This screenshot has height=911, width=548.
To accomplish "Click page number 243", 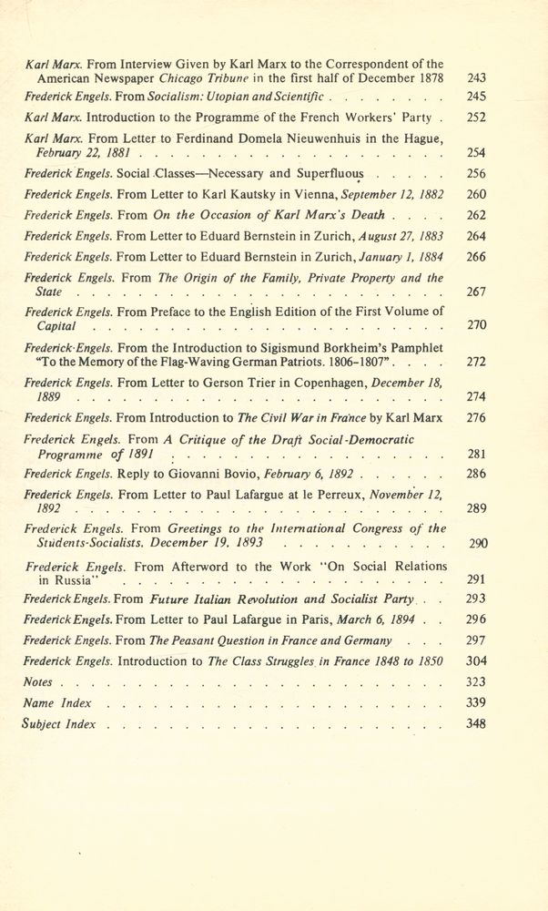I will point(476,78).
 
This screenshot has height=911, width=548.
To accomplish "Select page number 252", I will point(476,118).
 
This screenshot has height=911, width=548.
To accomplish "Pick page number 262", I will point(476,215).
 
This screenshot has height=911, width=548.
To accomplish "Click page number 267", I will point(476,292).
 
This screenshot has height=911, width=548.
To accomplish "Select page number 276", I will point(476,418).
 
